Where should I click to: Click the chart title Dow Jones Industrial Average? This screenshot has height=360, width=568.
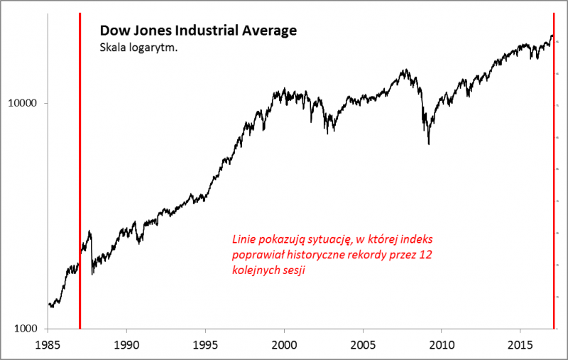coord(197,31)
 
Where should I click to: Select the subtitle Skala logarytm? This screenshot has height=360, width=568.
coord(138,48)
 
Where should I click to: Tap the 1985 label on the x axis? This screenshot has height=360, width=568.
coord(48,344)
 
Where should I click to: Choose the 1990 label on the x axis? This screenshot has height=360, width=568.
coord(126,344)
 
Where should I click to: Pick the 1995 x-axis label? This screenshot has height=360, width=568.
coord(205,344)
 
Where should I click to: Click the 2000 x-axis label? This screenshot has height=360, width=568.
coord(284,344)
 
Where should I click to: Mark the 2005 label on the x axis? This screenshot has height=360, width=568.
coord(363,344)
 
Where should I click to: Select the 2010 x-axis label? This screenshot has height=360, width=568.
coord(442,344)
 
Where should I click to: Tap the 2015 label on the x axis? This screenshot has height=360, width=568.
coord(520,344)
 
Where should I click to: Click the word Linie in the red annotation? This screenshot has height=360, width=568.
coord(244,239)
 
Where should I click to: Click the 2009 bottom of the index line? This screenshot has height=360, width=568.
coord(428,144)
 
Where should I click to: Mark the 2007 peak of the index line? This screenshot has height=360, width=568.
coord(405,70)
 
